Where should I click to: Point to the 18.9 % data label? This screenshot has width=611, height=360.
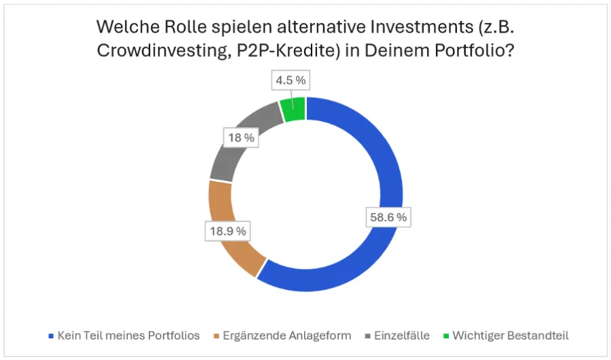tap(227, 231)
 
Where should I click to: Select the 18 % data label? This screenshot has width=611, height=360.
tap(241, 138)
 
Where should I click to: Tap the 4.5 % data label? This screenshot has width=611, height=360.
tap(290, 81)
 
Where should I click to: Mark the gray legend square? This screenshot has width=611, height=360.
tap(367, 336)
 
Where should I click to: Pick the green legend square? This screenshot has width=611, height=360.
tap(445, 336)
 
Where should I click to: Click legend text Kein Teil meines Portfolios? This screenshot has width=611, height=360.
tap(128, 335)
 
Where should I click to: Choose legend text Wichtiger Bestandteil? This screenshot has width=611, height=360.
tap(510, 335)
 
